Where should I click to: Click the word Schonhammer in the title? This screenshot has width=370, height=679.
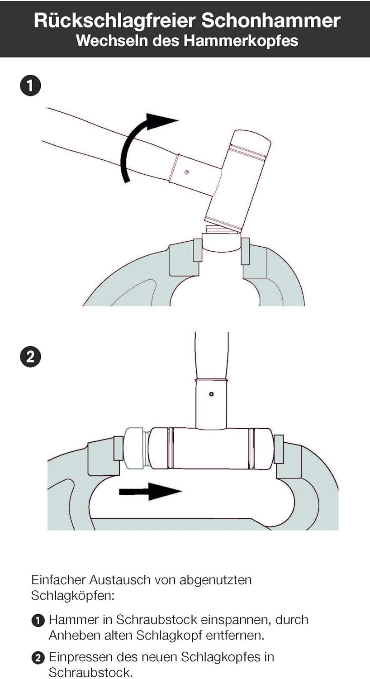[x=271, y=21]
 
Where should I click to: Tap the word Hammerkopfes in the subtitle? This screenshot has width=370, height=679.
[x=242, y=41]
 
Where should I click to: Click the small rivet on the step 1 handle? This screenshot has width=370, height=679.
[x=187, y=172]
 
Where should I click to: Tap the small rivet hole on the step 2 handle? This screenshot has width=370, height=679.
[x=211, y=394]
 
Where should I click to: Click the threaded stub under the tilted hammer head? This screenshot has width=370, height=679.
[x=223, y=229]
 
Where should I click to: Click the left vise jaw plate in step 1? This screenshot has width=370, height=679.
[x=197, y=250]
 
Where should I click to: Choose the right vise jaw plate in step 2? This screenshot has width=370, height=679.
[x=279, y=449]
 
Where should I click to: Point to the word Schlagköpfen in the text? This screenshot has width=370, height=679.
[x=73, y=596]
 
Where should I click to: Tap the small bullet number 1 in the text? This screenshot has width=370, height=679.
[x=38, y=620]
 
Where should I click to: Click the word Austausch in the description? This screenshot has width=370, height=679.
[x=119, y=580]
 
